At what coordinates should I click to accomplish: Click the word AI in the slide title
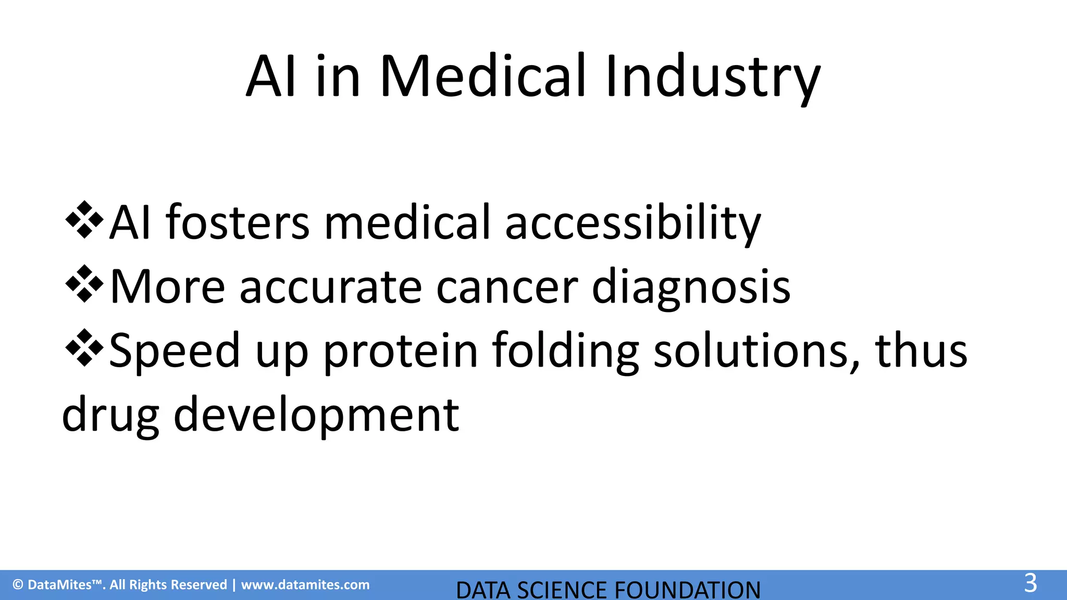(271, 77)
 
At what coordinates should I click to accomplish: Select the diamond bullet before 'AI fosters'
(84, 220)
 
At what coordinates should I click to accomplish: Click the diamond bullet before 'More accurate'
(84, 284)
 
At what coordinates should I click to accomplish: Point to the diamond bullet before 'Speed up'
(84, 348)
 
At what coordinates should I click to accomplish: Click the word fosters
(238, 222)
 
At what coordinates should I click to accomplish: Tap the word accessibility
(632, 223)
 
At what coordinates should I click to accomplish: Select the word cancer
(507, 287)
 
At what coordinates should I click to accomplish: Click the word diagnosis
(691, 287)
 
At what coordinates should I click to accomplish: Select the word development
(316, 416)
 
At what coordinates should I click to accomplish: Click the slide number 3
(1031, 583)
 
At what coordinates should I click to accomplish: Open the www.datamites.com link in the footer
(305, 585)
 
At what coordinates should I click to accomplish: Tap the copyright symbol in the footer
(18, 585)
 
